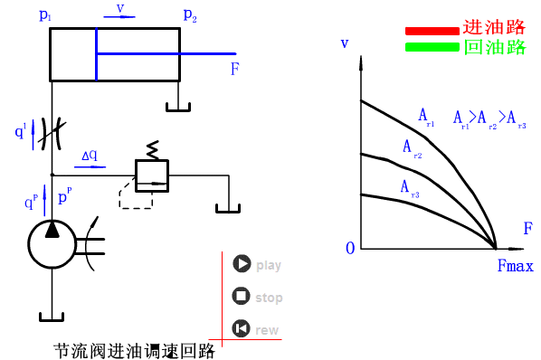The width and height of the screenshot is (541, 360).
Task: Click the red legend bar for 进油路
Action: click(x=432, y=30)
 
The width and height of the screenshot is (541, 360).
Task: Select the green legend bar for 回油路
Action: click(x=432, y=47)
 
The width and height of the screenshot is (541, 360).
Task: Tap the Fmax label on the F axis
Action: click(x=515, y=267)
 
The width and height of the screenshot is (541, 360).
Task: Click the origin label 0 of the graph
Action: click(x=350, y=248)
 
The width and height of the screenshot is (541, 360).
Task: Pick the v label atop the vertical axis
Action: click(x=345, y=43)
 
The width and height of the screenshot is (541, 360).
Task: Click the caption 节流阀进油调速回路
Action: click(x=133, y=349)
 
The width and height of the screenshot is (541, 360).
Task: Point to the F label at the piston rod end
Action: click(x=234, y=68)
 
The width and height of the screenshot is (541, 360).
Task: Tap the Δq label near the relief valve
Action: click(x=90, y=156)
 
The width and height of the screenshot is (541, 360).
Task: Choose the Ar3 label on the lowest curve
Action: click(x=409, y=187)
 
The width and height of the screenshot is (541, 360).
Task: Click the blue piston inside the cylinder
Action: click(x=96, y=54)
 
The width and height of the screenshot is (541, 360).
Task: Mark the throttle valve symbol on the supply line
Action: click(x=52, y=133)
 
